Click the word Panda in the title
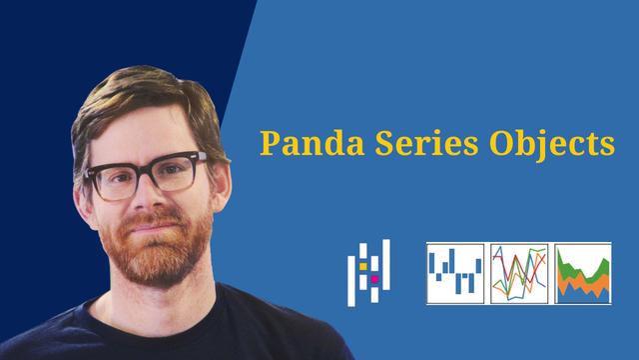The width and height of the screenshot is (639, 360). tap(300, 143)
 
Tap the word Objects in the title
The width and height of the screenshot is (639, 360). tap(549, 144)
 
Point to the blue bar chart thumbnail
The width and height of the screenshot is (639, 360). tap(455, 273)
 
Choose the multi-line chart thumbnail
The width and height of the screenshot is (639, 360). tap(519, 273)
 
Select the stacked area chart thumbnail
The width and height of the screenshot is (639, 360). tap(583, 273)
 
